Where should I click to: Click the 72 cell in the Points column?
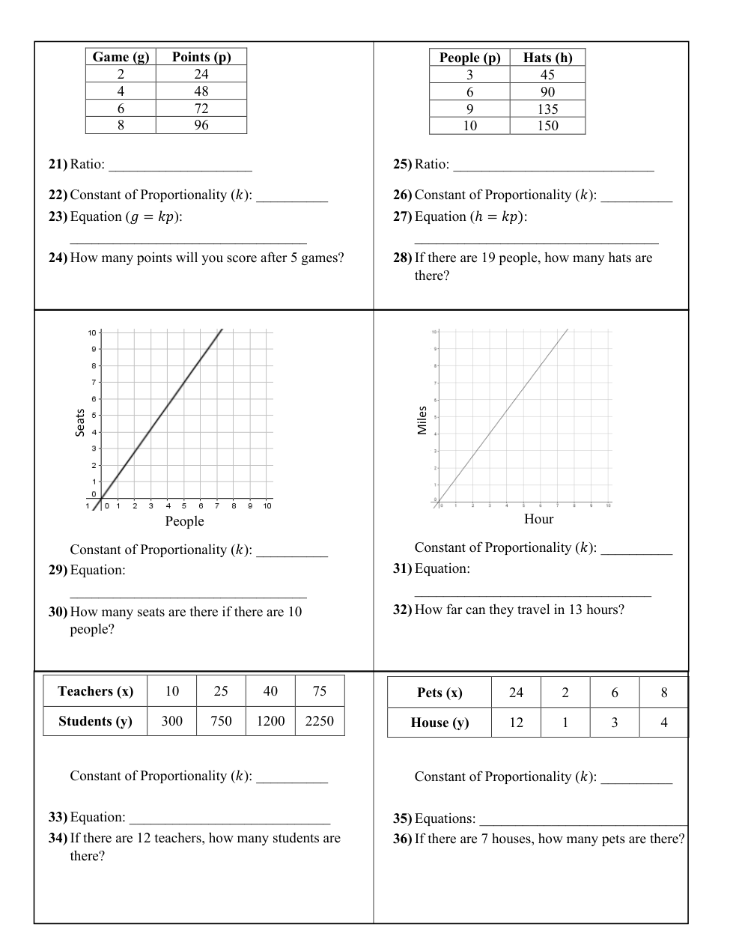pyautogui.click(x=201, y=109)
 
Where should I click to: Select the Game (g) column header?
pyautogui.click(x=121, y=57)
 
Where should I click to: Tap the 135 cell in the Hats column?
pyautogui.click(x=547, y=109)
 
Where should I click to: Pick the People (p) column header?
pyautogui.click(x=469, y=58)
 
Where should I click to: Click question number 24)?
pyautogui.click(x=58, y=258)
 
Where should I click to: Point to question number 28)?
pyautogui.click(x=402, y=258)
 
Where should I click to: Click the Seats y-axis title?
pyautogui.click(x=79, y=422)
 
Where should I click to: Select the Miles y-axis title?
pyautogui.click(x=422, y=420)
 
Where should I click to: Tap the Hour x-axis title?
pyautogui.click(x=538, y=519)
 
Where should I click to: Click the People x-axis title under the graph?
pyautogui.click(x=184, y=521)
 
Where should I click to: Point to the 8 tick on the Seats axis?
pyautogui.click(x=94, y=365)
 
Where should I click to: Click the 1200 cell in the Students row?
pyautogui.click(x=270, y=721)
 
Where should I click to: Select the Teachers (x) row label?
pyautogui.click(x=95, y=691)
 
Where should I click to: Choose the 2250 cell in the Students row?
pyautogui.click(x=320, y=721)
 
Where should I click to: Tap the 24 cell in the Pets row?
pyautogui.click(x=516, y=693)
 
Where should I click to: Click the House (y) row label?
pyautogui.click(x=440, y=723)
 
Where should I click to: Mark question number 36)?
pyautogui.click(x=402, y=839)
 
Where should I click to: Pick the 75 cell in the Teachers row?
pyautogui.click(x=320, y=691)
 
